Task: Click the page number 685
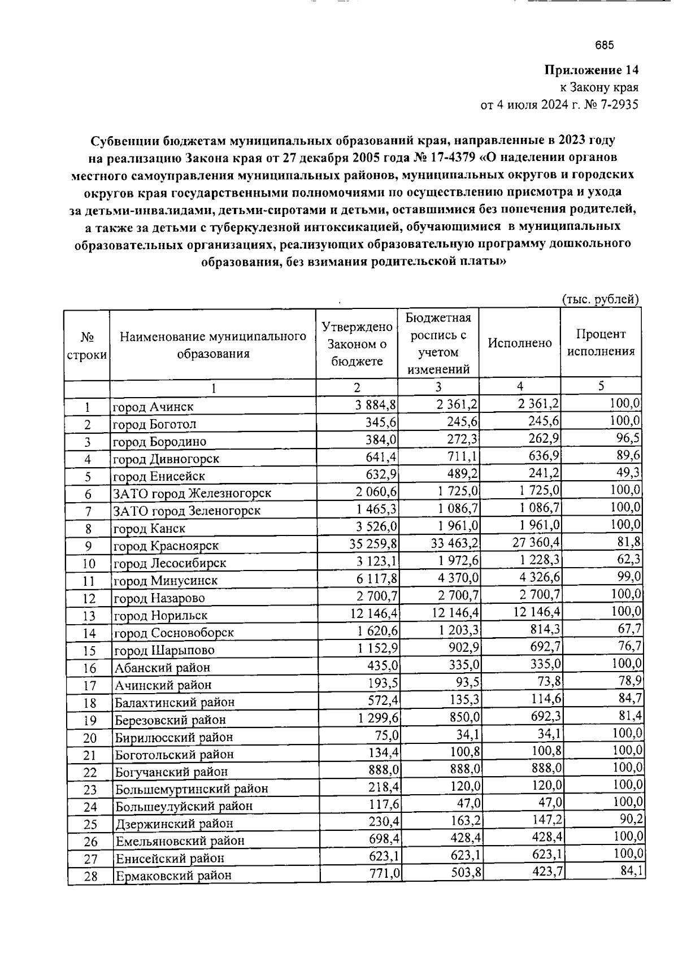click(604, 46)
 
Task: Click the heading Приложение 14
click(591, 71)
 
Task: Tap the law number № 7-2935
click(611, 105)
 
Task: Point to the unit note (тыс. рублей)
click(600, 299)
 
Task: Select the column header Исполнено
click(519, 343)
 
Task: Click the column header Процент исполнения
click(601, 342)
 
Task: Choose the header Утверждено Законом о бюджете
click(357, 343)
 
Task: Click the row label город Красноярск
click(166, 546)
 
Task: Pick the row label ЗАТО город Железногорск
click(192, 494)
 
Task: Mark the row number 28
click(90, 877)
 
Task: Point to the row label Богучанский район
click(171, 772)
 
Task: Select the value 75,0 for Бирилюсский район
click(386, 735)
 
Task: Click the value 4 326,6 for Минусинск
click(540, 578)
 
